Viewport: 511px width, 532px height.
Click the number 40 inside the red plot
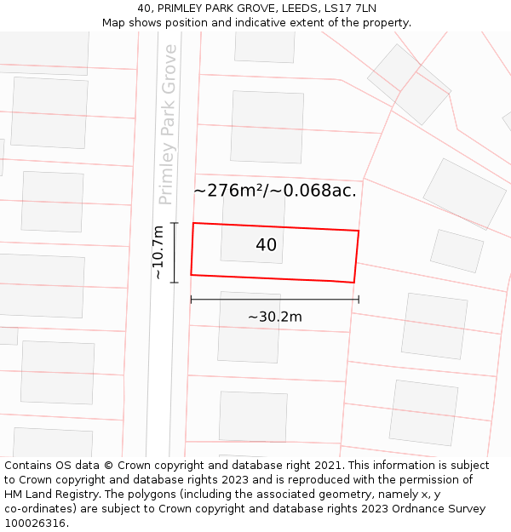266,245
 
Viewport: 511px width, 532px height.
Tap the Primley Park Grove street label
167,124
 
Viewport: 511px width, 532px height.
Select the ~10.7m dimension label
158,253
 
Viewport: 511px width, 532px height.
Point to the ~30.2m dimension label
274,317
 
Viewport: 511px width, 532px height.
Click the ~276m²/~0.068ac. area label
275,191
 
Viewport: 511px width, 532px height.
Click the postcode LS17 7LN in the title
350,9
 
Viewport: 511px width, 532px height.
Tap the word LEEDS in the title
296,9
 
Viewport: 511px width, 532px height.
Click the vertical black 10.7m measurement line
175,252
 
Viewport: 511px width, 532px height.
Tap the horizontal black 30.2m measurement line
274,300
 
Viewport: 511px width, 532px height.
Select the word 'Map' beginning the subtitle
114,23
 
